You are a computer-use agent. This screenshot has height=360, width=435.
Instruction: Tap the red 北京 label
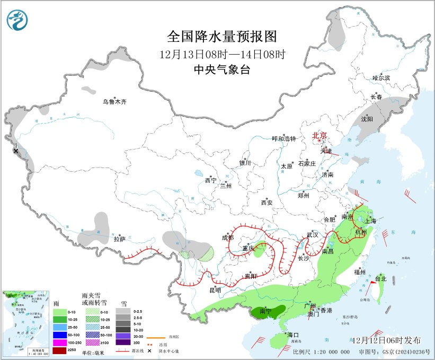[320, 135]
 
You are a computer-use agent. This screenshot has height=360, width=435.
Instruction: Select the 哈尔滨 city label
[380, 78]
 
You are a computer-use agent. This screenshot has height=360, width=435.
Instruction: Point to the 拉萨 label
[119, 239]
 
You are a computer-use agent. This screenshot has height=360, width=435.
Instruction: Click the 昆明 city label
[215, 289]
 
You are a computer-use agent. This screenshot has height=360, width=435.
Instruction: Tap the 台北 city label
[380, 278]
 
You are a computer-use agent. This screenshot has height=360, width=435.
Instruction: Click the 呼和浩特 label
[283, 138]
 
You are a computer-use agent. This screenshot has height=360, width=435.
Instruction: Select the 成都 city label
[228, 238]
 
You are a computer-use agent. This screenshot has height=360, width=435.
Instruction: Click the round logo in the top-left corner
[18, 20]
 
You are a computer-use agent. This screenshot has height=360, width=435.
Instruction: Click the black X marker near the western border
[16, 151]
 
